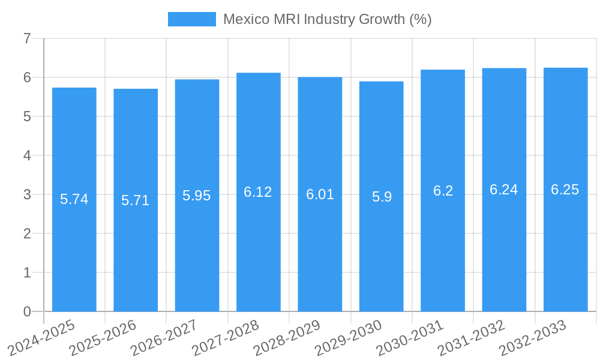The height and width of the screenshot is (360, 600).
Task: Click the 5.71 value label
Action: pos(136,200)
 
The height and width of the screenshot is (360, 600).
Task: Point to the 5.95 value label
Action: pos(197,196)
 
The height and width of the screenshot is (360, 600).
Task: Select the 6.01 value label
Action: pos(320,194)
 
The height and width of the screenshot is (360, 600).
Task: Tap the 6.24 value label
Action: pos(504,190)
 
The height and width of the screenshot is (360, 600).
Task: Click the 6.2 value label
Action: pos(443,191)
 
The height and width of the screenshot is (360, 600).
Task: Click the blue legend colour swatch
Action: pos(191,19)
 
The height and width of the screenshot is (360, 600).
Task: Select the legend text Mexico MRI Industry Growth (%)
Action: pos(328,19)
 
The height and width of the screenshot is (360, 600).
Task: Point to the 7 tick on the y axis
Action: pos(27,38)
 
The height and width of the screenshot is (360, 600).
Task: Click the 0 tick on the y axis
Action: pos(27,311)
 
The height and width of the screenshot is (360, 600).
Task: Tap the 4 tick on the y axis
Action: pos(27,155)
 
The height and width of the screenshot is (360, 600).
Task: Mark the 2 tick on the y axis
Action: pos(27,233)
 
